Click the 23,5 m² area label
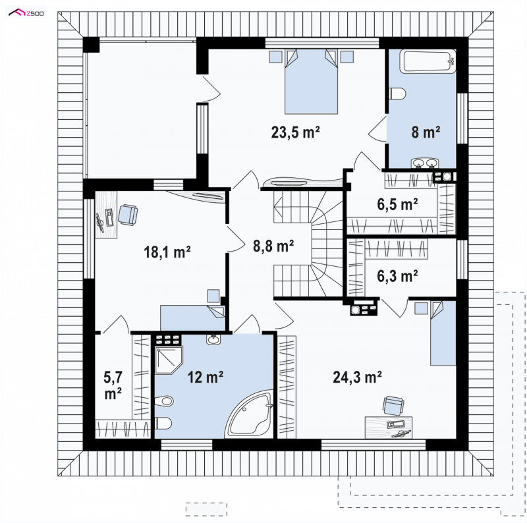[295, 132]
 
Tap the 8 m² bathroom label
[426, 132]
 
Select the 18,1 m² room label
[167, 252]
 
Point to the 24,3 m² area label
[357, 377]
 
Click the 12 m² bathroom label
[206, 377]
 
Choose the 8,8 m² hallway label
[273, 246]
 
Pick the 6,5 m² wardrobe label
[398, 204]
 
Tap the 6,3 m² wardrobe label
[398, 276]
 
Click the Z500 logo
[26, 13]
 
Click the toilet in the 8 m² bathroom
[397, 94]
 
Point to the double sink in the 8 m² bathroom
[425, 163]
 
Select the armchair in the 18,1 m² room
[128, 215]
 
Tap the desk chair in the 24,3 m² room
[393, 405]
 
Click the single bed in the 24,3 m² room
[443, 333]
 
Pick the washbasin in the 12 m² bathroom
[213, 339]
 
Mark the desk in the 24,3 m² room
[389, 427]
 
